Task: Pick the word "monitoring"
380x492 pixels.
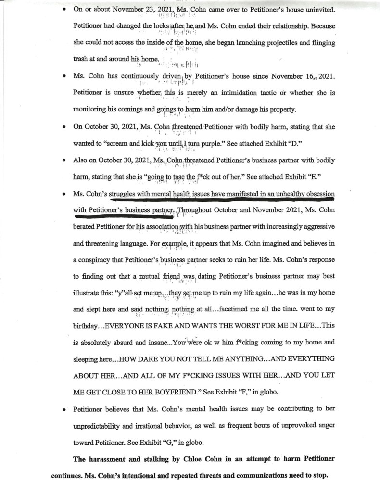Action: coord(93,109)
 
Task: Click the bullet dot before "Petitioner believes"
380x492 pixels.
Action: coord(63,410)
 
